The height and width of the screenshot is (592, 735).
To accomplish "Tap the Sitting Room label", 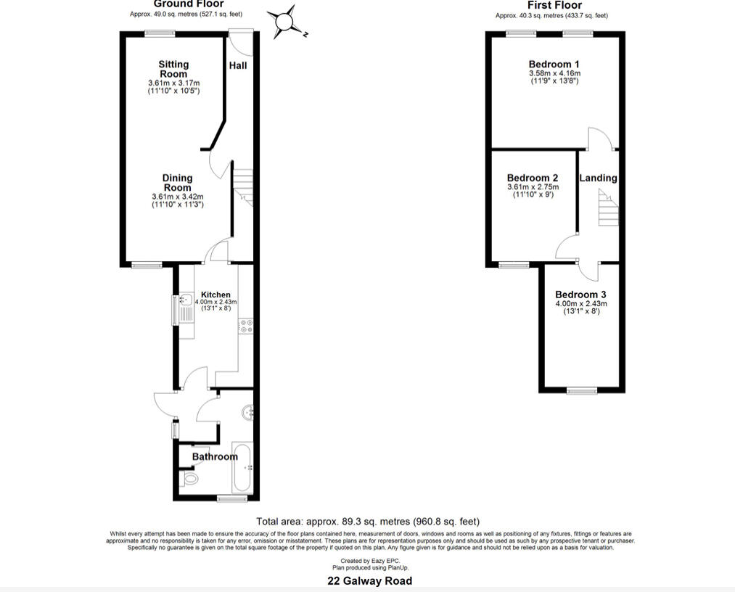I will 173,69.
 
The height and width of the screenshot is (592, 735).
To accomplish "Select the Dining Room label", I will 177,183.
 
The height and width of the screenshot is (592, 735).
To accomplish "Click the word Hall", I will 238,65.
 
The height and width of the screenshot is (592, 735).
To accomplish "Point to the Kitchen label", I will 215,295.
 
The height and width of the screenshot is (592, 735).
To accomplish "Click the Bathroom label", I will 215,456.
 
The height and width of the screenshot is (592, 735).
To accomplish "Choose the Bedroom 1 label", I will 554,65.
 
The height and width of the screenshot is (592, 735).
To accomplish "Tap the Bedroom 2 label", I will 533,178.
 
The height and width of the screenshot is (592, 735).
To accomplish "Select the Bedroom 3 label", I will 580,295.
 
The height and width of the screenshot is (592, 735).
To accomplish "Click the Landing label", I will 599,178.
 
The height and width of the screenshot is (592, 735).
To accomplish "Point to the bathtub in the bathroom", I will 242,469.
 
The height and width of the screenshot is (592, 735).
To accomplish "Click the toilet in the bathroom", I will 189,479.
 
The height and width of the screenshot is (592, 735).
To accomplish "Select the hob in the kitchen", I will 245,326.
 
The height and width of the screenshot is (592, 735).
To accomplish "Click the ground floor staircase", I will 242,186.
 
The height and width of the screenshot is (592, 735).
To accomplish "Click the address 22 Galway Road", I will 369,581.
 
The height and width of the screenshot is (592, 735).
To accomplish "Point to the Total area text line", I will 368,522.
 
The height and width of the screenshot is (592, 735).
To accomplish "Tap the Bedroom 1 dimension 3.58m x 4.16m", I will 554,73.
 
